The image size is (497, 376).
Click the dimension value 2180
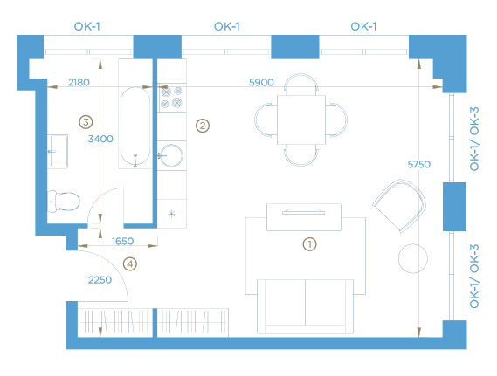coord(79,82)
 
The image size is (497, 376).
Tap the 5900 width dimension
coord(261,82)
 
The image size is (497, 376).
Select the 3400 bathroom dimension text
coord(100,139)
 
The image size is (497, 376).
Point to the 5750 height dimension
coord(418,164)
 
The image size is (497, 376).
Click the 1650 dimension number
coord(122,241)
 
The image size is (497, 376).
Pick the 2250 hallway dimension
coord(100,280)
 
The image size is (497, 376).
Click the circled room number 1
coord(310,244)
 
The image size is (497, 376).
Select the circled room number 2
coord(203,126)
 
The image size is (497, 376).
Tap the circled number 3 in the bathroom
coord(86,122)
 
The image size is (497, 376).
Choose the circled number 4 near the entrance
coord(130,263)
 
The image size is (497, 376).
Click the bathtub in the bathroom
coord(135,126)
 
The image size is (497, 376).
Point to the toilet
coord(64,201)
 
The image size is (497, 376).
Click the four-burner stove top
coord(171,98)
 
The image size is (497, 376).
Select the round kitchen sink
coord(171,155)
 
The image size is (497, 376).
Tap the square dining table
coord(301,120)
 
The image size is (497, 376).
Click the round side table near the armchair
coord(412,258)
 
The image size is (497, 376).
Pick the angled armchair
coord(400,205)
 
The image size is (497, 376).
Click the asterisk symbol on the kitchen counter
coord(171,214)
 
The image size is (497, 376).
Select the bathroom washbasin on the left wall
coord(58,151)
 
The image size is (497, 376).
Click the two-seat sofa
coord(305,306)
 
